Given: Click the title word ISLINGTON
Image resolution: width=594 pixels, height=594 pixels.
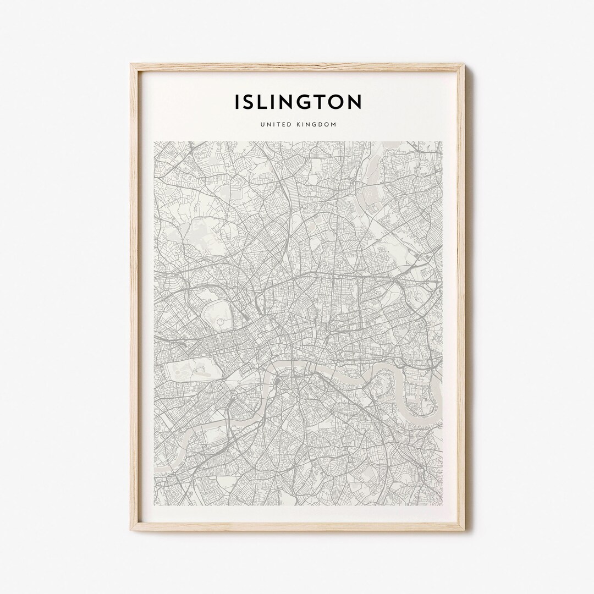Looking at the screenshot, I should tap(298, 102).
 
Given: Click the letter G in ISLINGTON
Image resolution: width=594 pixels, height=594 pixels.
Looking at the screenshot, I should tap(304, 102).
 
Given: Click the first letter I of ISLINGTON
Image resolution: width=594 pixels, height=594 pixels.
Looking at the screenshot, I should tap(237, 102).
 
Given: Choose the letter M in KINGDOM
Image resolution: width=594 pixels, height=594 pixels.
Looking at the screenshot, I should tap(333, 125).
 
